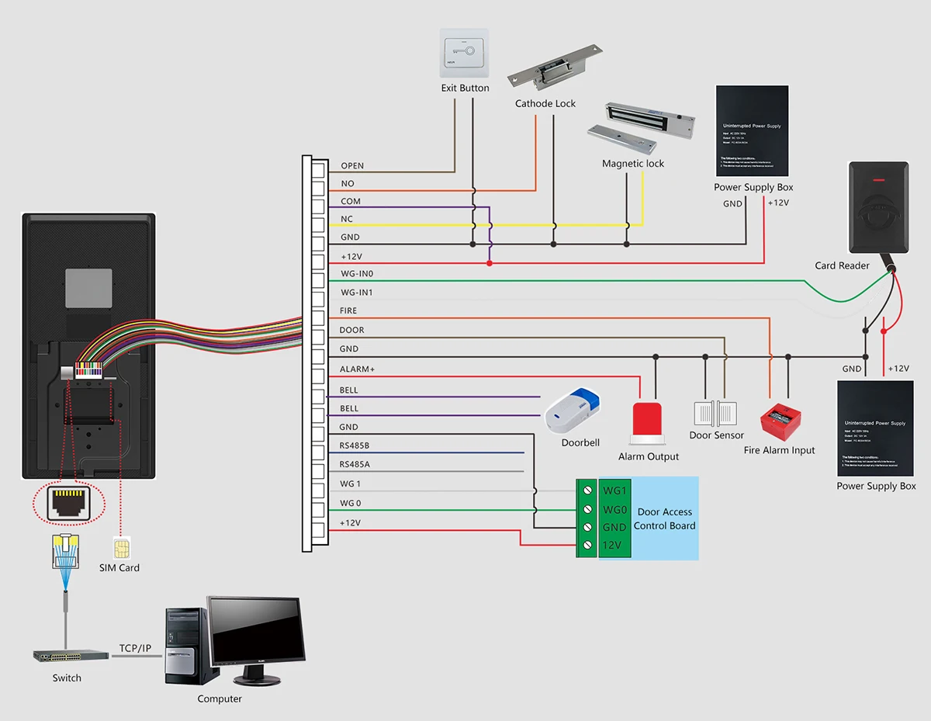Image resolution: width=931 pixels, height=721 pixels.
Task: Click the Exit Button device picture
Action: [465, 53]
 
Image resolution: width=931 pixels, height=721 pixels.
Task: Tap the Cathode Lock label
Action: [545, 103]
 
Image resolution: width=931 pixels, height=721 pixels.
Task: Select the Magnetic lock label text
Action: [633, 164]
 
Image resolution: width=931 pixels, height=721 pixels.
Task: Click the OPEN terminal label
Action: [352, 166]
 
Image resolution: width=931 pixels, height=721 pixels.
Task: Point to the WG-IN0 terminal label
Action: [357, 274]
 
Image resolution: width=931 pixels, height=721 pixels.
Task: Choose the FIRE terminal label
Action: [348, 310]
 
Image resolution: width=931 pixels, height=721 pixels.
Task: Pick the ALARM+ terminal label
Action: [357, 369]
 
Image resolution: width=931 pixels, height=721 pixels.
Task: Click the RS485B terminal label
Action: [355, 445]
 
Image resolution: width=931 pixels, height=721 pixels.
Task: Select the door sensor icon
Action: [716, 413]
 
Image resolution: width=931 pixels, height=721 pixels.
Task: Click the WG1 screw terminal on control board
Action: [587, 491]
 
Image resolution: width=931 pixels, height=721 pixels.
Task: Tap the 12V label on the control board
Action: [612, 546]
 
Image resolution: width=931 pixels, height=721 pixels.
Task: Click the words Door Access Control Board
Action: [664, 518]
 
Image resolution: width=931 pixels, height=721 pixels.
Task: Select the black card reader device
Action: [878, 207]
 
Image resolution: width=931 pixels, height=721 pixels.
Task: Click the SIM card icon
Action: [119, 549]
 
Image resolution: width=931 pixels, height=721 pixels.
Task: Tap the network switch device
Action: [71, 655]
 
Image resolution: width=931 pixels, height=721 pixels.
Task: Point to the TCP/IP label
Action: [136, 648]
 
